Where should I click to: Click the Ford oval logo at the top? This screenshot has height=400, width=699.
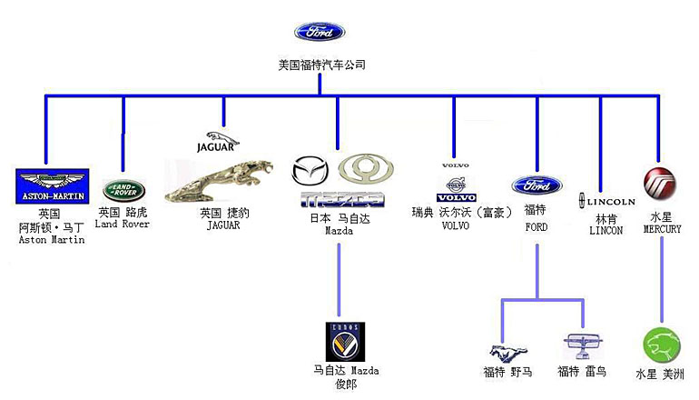320,33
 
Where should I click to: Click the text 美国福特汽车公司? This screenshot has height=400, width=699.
321,65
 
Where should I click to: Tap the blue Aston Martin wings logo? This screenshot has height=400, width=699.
53,184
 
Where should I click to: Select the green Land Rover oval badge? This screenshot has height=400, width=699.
122,190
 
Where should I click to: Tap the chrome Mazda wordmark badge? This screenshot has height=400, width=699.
342,198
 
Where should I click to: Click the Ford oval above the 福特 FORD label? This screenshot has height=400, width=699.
537,185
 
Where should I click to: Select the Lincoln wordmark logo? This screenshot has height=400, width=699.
607,201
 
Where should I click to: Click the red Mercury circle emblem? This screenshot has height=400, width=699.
659,183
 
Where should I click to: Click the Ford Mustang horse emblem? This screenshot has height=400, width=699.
504,352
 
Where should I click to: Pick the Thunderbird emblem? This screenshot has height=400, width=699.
581,346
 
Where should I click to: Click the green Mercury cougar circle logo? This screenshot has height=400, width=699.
661,345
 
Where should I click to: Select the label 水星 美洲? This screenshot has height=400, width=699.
660,374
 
